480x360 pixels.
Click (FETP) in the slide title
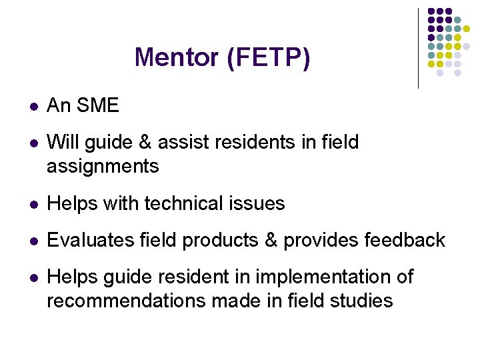[x=269, y=58]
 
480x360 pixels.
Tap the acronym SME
[x=98, y=105]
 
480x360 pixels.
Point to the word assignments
[x=103, y=166]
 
